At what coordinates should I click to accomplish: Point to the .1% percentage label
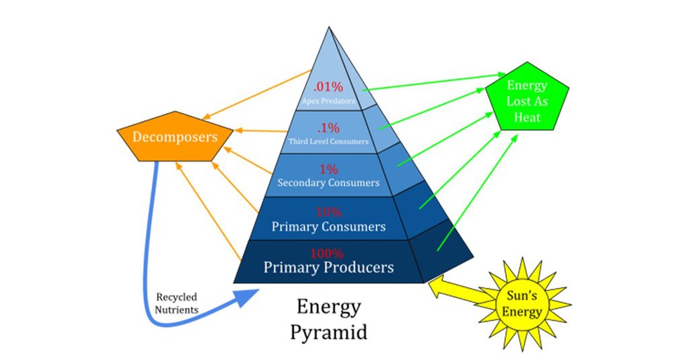click(x=328, y=128)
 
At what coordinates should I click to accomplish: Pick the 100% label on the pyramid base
click(x=327, y=254)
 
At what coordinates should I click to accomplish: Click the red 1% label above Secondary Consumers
click(x=328, y=170)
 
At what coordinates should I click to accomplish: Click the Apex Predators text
click(x=328, y=101)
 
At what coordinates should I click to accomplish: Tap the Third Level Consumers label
click(x=328, y=141)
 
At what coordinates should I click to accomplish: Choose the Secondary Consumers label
click(x=328, y=182)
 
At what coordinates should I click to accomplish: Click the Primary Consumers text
click(x=328, y=227)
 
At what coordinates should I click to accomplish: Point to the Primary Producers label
click(x=328, y=267)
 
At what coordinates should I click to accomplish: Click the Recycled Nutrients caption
click(x=178, y=303)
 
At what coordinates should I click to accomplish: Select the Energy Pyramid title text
click(x=328, y=319)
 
